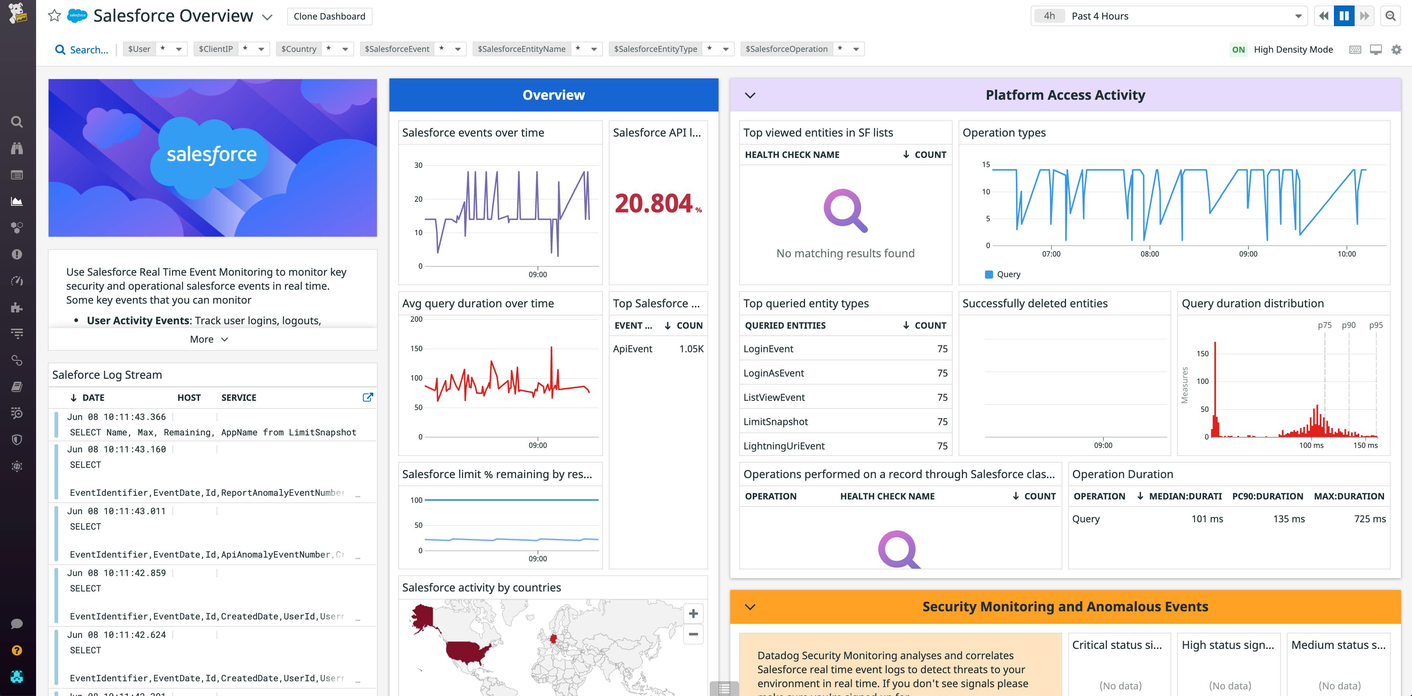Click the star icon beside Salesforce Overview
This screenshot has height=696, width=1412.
54,16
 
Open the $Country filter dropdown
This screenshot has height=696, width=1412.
345,49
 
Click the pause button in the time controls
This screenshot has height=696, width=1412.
1344,16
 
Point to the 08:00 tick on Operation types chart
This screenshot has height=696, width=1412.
1150,253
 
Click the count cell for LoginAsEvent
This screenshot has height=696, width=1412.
942,373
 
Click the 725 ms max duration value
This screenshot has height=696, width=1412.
1369,519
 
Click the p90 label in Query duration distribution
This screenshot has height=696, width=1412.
1348,325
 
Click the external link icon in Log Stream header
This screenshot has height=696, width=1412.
368,398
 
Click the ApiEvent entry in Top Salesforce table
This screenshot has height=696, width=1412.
632,349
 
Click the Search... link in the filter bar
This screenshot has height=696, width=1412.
82,50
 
